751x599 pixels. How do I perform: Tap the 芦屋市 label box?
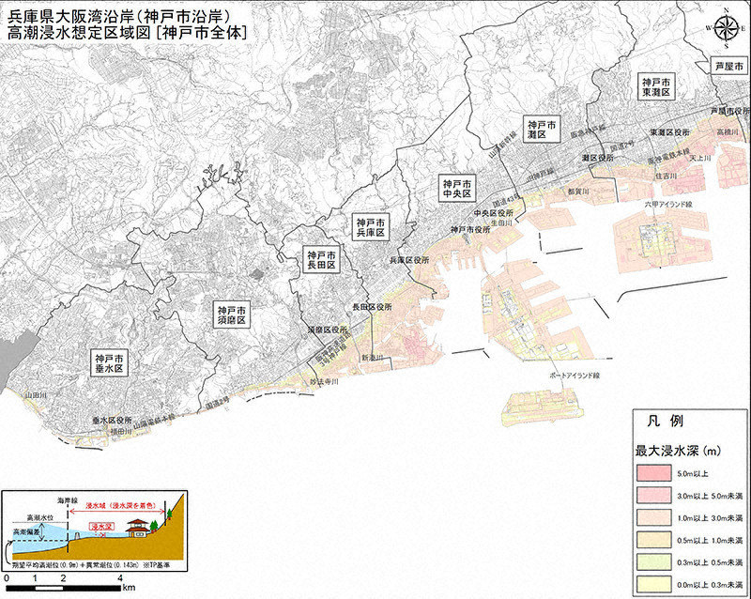(x=728, y=68)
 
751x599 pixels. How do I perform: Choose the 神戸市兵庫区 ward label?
(x=371, y=227)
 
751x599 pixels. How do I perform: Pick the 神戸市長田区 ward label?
(x=320, y=261)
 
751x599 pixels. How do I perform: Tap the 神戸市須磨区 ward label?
(x=230, y=314)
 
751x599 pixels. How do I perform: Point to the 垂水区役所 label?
(x=112, y=421)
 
